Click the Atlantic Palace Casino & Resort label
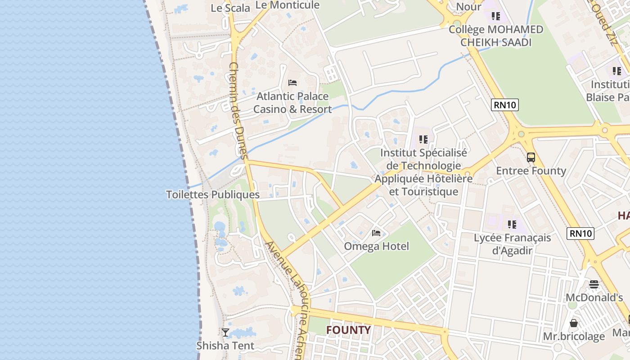tap(292, 103)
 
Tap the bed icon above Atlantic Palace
tap(292, 83)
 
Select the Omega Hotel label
tap(376, 246)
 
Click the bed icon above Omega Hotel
tap(376, 233)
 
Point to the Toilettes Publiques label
tap(213, 195)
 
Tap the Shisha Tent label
tap(225, 346)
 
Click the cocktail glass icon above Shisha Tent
tap(225, 333)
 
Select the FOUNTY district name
tap(348, 330)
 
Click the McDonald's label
tap(594, 297)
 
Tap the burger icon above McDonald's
tap(594, 284)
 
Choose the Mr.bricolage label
tap(574, 336)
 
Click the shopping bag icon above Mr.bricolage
tap(574, 323)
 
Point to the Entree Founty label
tap(531, 171)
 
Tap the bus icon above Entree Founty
tap(531, 157)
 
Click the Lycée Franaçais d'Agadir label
tap(512, 244)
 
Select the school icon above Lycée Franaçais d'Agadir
tap(512, 224)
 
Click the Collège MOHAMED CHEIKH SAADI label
tap(496, 36)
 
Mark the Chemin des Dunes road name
tap(238, 110)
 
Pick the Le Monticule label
tap(288, 5)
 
